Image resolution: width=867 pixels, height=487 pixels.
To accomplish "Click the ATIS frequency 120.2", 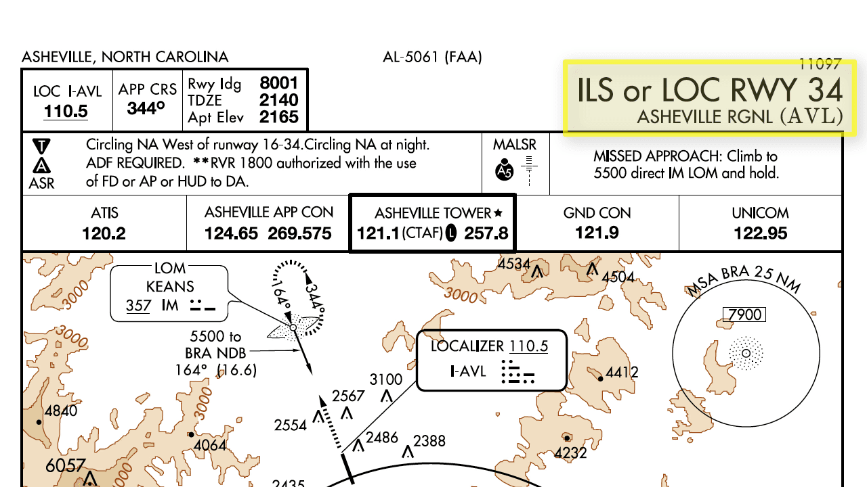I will coord(104,234).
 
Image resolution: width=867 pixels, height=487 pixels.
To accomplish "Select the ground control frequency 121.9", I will coord(597,234).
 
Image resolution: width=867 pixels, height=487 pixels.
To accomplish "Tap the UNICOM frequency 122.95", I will coord(760,234).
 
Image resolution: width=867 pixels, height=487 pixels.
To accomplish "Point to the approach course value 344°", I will coord(146,108).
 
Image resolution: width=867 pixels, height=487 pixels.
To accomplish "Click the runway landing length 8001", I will coord(279,83).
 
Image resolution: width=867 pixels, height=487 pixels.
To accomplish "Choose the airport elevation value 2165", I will coord(279,117).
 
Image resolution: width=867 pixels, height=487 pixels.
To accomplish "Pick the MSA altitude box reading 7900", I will coord(744,315).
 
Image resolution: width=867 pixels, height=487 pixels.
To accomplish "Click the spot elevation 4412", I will coord(622,372).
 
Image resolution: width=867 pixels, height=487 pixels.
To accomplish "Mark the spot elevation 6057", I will coord(66,465).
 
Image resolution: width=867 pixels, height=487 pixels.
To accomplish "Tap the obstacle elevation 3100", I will coord(386,379).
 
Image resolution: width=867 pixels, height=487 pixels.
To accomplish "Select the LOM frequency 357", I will coord(138,306).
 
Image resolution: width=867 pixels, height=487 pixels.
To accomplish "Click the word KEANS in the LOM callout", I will coord(170,287).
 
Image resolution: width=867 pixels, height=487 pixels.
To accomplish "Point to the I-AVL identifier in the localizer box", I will coord(468,371).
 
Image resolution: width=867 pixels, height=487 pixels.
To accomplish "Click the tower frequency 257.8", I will coord(486,234).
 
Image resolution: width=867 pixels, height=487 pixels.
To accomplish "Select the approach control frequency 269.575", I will coord(299,234).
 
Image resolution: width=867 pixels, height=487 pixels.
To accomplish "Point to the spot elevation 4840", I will coord(60,411).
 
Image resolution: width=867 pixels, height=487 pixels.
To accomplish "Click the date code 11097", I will coord(820,64).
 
